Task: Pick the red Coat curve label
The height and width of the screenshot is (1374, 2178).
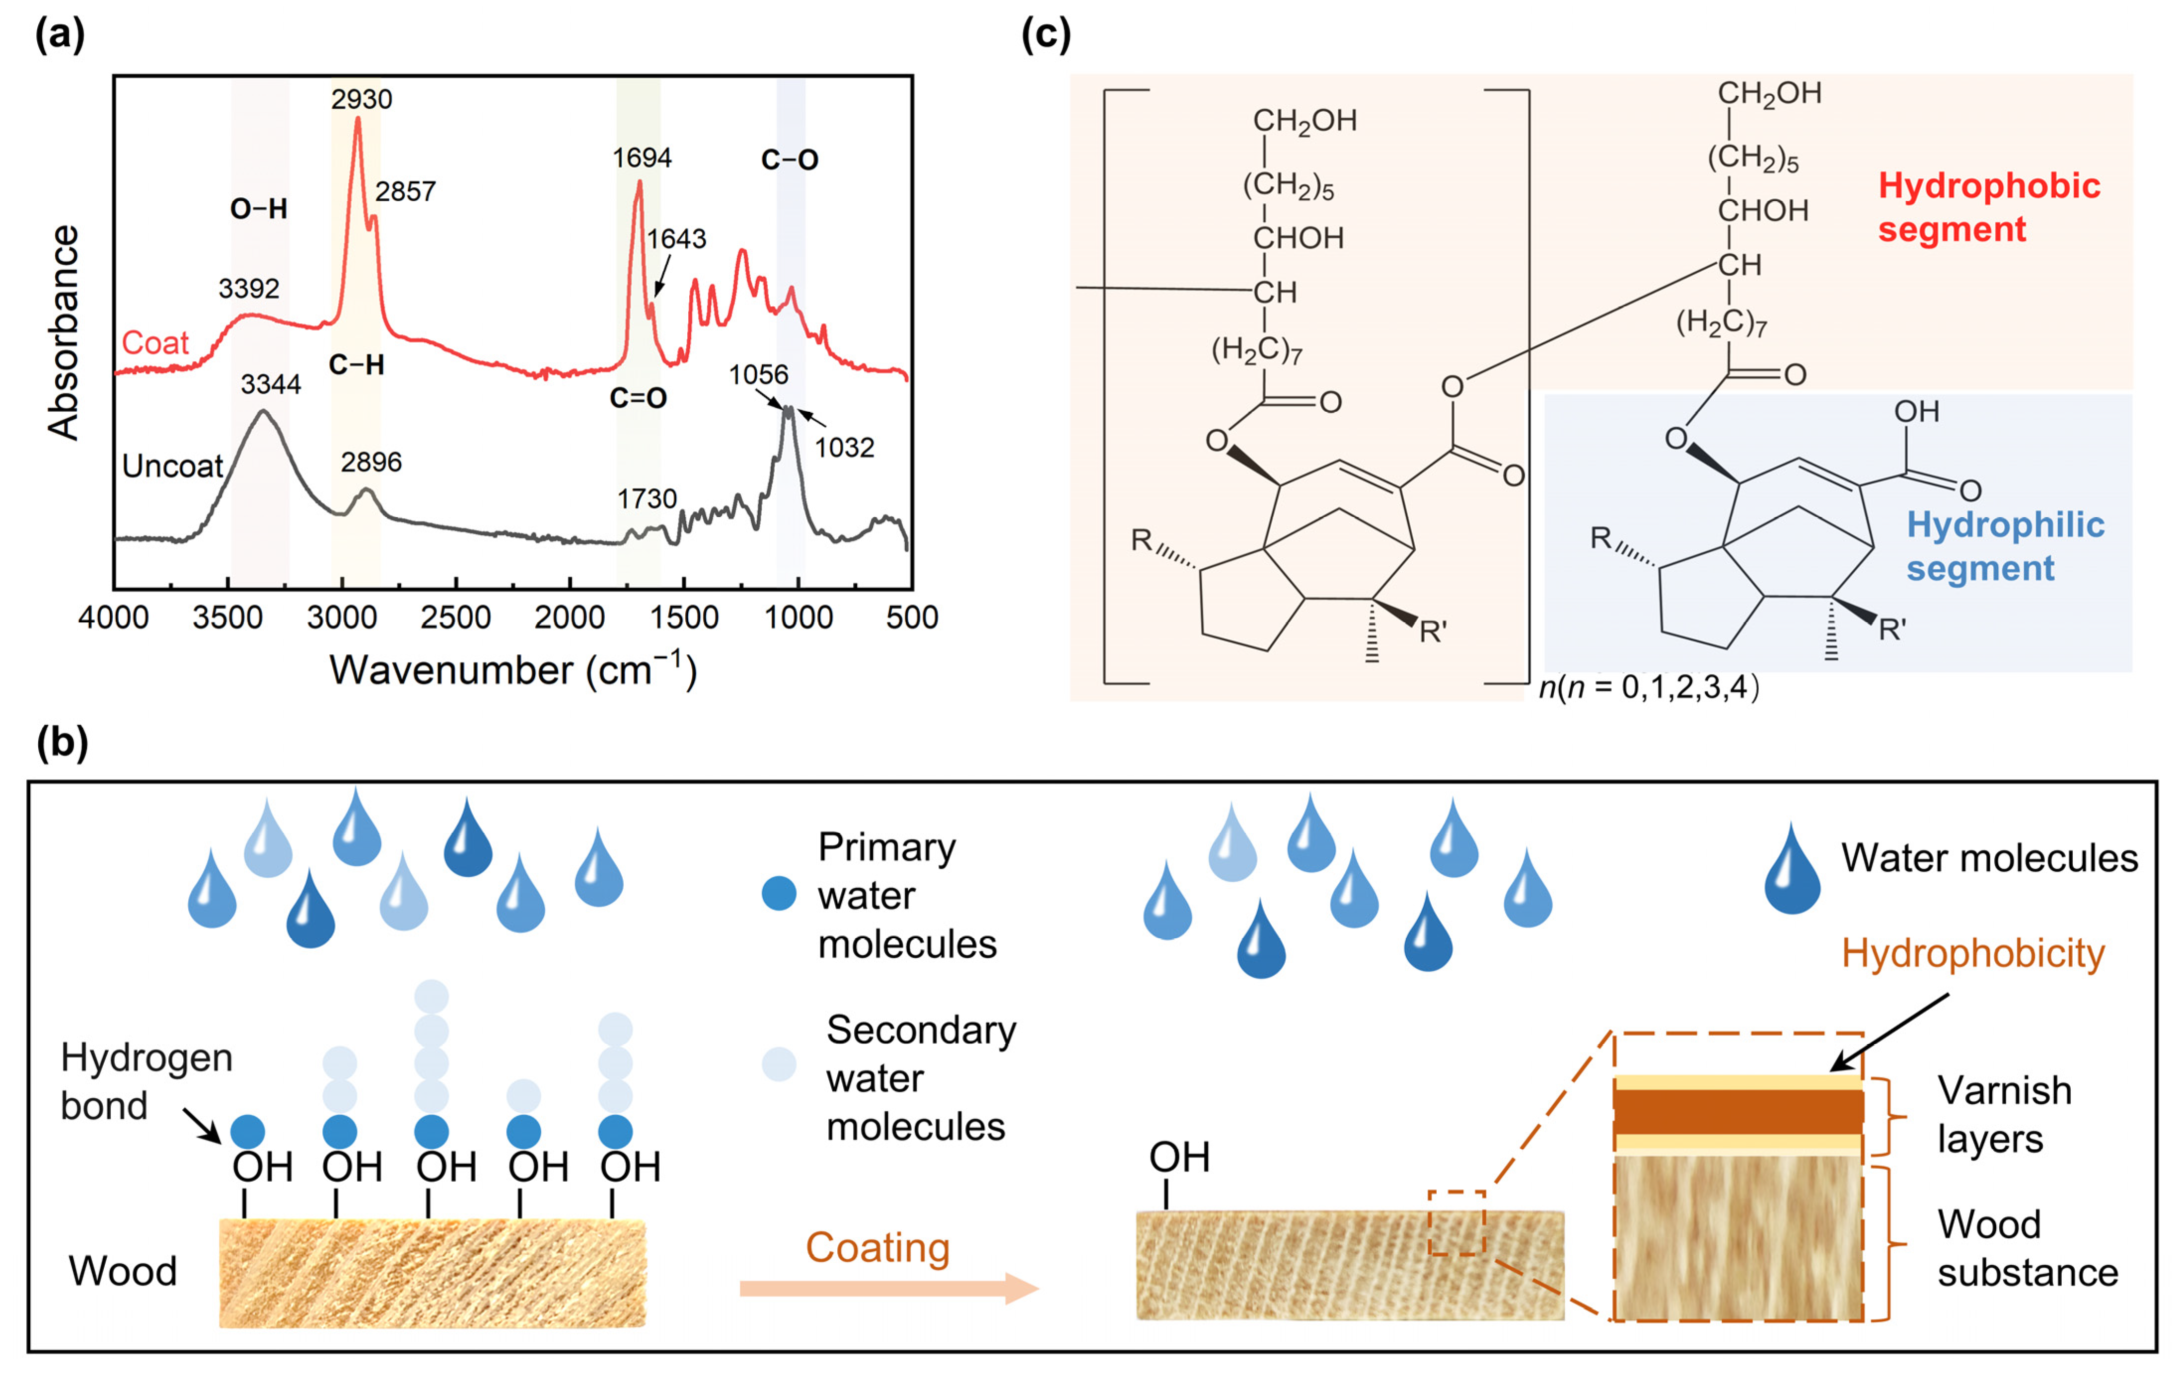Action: point(154,343)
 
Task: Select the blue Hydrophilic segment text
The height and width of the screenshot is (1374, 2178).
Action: point(2004,546)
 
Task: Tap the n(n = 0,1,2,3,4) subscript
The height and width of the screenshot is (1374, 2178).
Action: point(1648,688)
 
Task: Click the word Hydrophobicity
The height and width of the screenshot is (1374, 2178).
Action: point(1973,953)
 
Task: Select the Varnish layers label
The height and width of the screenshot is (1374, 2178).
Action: point(2003,1114)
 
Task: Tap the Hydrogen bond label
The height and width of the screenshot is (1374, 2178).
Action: point(145,1081)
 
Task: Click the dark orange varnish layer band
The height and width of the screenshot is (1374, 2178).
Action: point(1738,1112)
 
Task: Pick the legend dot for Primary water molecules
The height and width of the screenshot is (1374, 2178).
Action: point(779,894)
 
